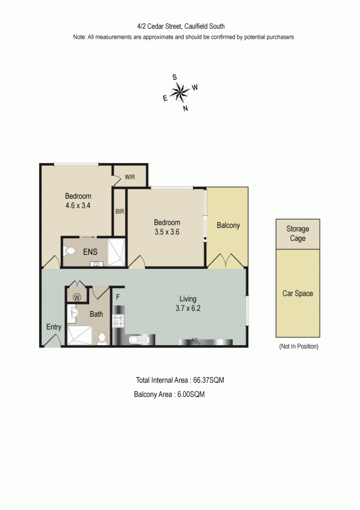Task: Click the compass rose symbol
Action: pos(180,92)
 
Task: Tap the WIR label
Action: pos(130,177)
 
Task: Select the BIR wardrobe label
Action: pos(120,211)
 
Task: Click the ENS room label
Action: pos(90,252)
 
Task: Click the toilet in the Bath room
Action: pos(102,338)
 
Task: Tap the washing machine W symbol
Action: pos(77,297)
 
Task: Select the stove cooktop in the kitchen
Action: pos(119,320)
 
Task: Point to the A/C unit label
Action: pos(195,340)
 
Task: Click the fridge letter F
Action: pos(118,297)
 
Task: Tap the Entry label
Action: pos(53,327)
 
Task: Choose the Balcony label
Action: pos(228,225)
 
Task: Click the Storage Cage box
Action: pos(298,234)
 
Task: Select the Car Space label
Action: pos(298,293)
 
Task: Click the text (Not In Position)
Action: pos(298,346)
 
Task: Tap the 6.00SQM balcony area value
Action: pos(191,394)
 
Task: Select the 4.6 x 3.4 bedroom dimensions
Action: pos(78,205)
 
